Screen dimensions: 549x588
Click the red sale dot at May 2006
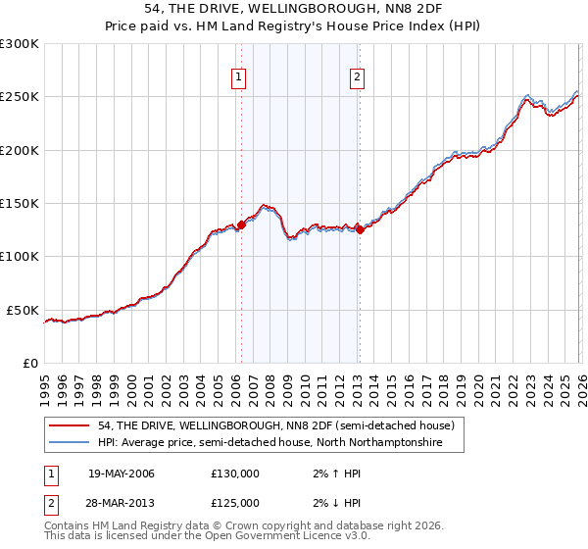click(241, 225)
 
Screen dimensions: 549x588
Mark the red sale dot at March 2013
click(360, 230)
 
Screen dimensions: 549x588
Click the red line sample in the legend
click(70, 426)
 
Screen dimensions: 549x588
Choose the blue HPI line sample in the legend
click(70, 443)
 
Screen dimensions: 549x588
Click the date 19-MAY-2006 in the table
click(122, 474)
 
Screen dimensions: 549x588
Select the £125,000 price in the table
click(235, 503)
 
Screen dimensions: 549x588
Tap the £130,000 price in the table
click(235, 474)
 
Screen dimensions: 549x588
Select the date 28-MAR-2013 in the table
click(122, 503)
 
